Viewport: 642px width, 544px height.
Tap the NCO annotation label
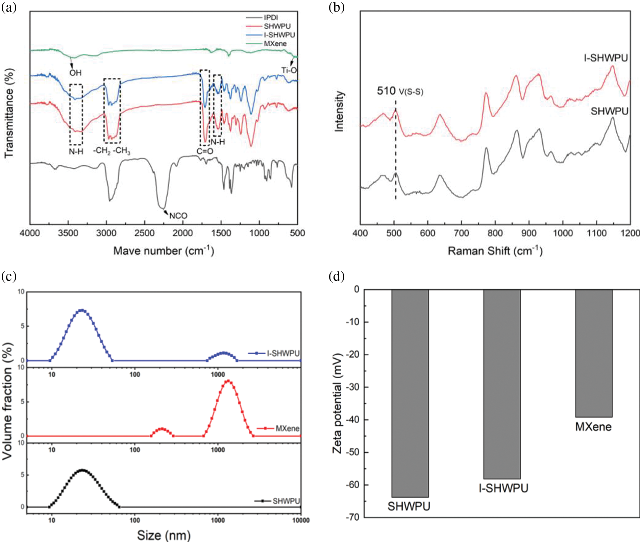coord(178,216)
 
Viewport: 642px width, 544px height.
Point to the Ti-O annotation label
coord(289,70)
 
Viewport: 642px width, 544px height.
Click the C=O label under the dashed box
coord(205,151)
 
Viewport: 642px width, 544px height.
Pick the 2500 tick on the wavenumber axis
coord(145,233)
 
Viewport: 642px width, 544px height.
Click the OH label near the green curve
coord(75,73)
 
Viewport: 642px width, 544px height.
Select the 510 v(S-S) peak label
coord(400,91)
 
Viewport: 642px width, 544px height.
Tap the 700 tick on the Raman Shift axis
coord(461,233)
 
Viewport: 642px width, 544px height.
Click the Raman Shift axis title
coord(495,251)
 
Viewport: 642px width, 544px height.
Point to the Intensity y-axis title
coord(339,111)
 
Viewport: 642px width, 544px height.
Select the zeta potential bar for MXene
coord(594,353)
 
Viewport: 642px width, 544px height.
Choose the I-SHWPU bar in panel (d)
coord(502,384)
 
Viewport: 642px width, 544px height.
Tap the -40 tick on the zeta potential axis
coord(352,420)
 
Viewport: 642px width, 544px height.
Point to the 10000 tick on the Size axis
coord(301,520)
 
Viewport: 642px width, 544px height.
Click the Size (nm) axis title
coord(164,536)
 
